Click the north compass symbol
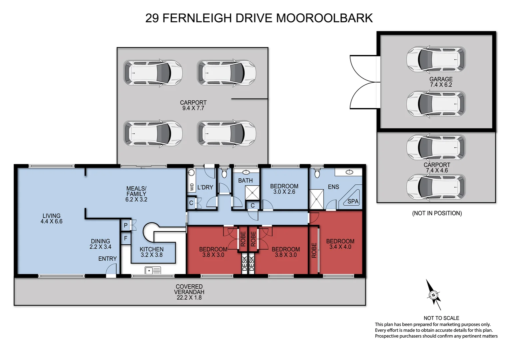(433, 295)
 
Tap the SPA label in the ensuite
(353, 201)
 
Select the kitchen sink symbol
(153, 270)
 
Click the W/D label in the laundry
(192, 187)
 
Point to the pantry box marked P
(126, 225)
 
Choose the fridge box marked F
(126, 238)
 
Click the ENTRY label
(107, 259)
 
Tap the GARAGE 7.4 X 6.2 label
(441, 82)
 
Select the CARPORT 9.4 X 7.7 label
(193, 105)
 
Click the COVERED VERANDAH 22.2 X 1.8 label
(189, 292)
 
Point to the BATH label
(245, 180)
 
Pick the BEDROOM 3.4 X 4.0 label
(340, 244)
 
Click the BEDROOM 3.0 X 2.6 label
(284, 189)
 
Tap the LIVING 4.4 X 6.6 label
(52, 218)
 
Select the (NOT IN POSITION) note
(437, 213)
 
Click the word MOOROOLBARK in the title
(324, 18)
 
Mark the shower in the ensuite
(316, 199)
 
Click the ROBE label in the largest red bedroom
(314, 250)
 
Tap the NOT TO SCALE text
(441, 318)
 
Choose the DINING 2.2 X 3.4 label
(100, 244)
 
